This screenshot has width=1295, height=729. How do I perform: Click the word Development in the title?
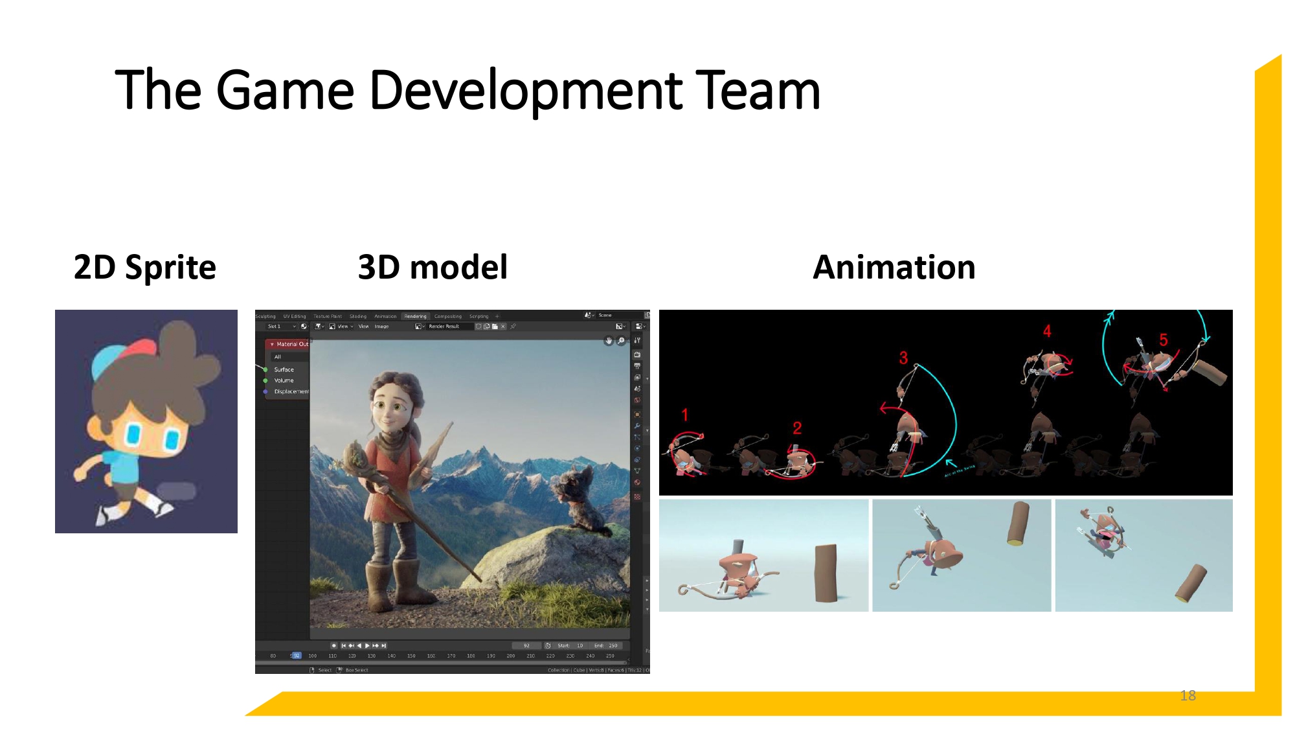pyautogui.click(x=524, y=91)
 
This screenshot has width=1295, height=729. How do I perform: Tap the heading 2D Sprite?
pyautogui.click(x=144, y=268)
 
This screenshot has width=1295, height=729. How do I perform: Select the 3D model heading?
pyautogui.click(x=433, y=268)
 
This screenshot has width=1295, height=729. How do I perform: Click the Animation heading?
pyautogui.click(x=894, y=268)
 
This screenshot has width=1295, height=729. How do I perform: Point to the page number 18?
pyautogui.click(x=1188, y=695)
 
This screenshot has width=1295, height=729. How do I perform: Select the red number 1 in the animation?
pyautogui.click(x=684, y=415)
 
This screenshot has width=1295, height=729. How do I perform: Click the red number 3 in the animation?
pyautogui.click(x=903, y=358)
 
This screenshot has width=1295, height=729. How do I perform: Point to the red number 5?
pyautogui.click(x=1163, y=340)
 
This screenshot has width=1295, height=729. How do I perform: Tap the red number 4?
pyautogui.click(x=1047, y=331)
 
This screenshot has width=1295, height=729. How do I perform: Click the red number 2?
pyautogui.click(x=797, y=428)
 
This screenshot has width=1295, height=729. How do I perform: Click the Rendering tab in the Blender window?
pyautogui.click(x=415, y=316)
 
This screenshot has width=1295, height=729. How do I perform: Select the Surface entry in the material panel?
pyautogui.click(x=284, y=369)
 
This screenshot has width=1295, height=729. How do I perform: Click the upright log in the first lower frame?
pyautogui.click(x=826, y=573)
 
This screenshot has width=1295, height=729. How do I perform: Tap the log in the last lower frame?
pyautogui.click(x=1191, y=583)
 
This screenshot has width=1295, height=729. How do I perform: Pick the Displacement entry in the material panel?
pyautogui.click(x=291, y=391)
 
